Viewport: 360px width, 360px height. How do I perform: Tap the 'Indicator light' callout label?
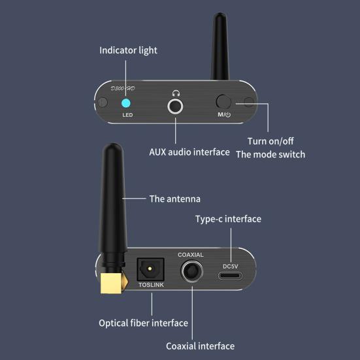(x=128, y=50)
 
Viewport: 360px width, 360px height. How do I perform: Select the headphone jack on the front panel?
(x=175, y=105)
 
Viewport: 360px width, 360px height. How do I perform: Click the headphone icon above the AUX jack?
(x=175, y=93)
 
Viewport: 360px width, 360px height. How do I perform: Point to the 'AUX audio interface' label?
(x=189, y=152)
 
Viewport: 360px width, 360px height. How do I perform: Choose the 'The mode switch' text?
(x=270, y=155)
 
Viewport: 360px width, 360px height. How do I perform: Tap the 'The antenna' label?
(x=174, y=199)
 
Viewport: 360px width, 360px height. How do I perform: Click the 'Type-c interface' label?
(x=228, y=219)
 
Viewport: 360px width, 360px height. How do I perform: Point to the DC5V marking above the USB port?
(x=233, y=266)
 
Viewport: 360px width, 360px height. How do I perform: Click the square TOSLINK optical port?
(x=150, y=269)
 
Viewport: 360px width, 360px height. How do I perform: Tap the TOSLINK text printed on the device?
(x=151, y=286)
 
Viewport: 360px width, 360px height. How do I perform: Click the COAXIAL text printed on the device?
(x=191, y=255)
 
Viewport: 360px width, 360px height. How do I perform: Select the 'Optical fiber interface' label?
(x=143, y=323)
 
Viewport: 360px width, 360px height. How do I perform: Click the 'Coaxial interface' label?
(x=200, y=346)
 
